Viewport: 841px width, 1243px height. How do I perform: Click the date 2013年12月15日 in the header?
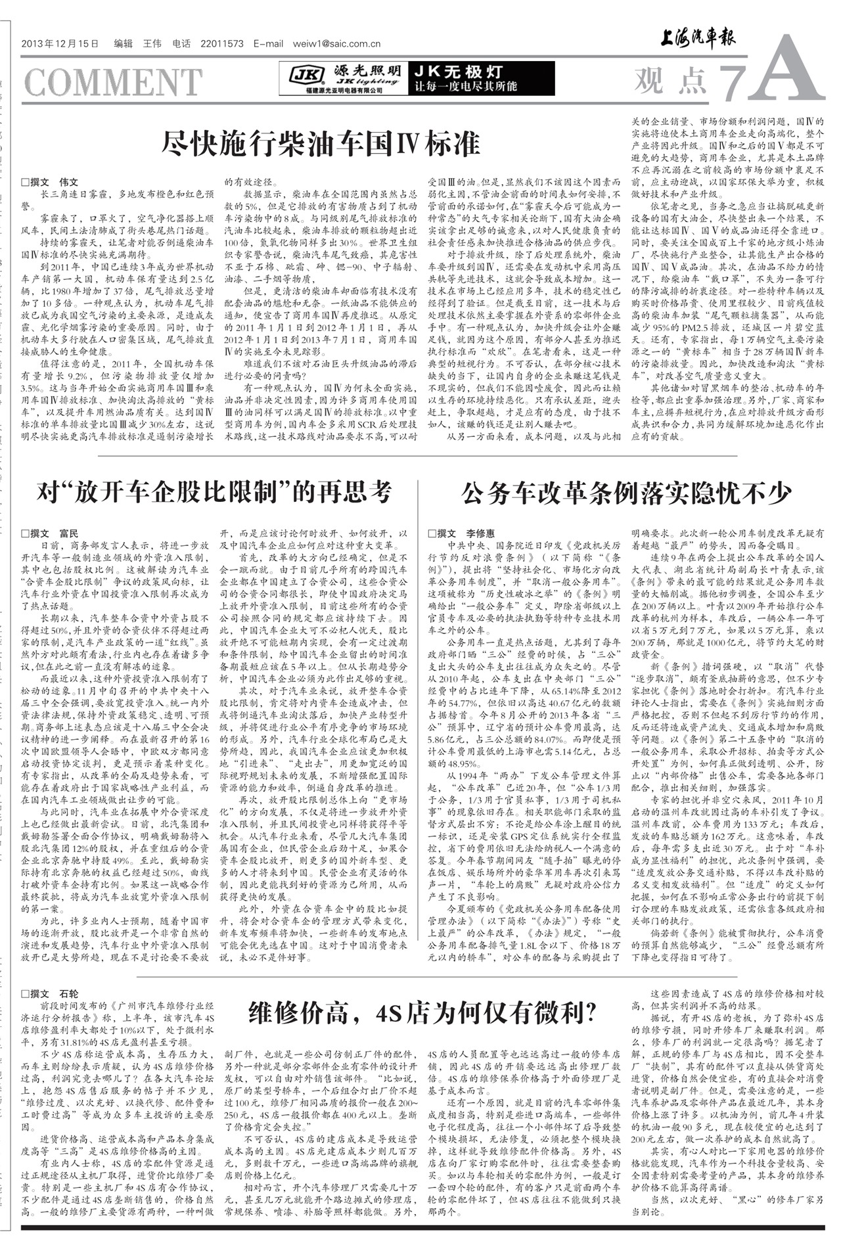[x=60, y=44]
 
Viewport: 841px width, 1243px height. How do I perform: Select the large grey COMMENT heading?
[x=113, y=82]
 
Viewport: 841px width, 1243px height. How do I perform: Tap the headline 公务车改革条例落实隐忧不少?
[x=626, y=493]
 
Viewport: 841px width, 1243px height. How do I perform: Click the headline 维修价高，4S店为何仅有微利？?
[x=422, y=1012]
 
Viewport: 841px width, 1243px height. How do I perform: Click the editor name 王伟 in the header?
[x=152, y=44]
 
